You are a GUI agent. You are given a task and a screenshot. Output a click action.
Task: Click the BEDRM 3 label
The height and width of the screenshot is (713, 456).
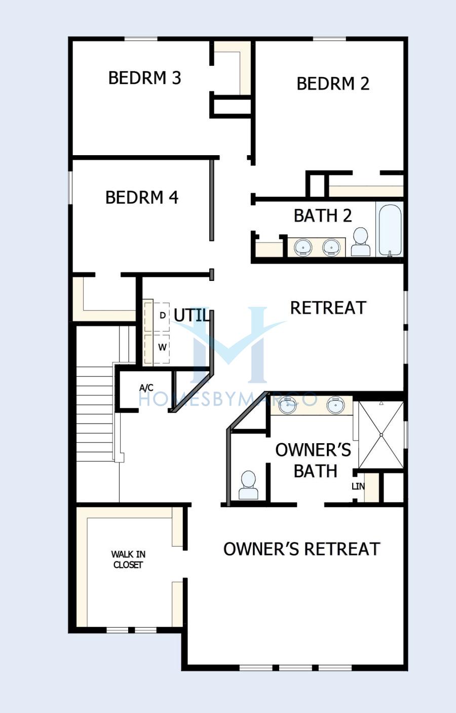(145, 78)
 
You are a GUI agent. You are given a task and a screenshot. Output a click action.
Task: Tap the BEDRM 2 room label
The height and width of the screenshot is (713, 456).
(333, 84)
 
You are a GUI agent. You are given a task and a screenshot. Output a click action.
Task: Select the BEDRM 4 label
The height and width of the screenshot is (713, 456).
(142, 197)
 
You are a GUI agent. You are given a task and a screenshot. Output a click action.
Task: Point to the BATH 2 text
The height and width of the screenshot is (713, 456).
(323, 216)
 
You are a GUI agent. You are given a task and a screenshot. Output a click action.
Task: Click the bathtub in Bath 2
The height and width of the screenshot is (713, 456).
(390, 230)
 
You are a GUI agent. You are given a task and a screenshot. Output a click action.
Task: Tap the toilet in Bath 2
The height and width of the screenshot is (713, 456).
(361, 241)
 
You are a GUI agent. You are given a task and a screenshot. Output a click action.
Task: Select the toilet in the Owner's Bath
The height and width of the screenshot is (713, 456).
(248, 485)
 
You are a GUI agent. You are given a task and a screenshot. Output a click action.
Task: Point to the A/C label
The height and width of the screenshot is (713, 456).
(146, 388)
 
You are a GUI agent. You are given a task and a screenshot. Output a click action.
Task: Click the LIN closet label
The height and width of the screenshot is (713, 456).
(358, 486)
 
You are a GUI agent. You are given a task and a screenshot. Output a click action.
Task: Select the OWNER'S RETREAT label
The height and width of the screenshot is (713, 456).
(302, 549)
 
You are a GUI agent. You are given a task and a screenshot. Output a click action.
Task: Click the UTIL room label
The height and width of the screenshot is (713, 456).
(192, 315)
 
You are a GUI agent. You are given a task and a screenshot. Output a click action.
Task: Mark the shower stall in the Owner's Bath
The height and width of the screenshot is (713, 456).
(381, 435)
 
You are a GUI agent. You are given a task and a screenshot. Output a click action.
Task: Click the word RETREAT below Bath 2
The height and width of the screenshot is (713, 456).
(328, 308)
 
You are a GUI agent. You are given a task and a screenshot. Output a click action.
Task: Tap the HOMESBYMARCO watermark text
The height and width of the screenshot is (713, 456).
(228, 399)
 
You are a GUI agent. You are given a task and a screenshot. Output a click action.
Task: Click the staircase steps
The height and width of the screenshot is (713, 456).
(95, 414)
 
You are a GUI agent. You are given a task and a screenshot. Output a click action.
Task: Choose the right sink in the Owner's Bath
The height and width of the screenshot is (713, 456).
(336, 406)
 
